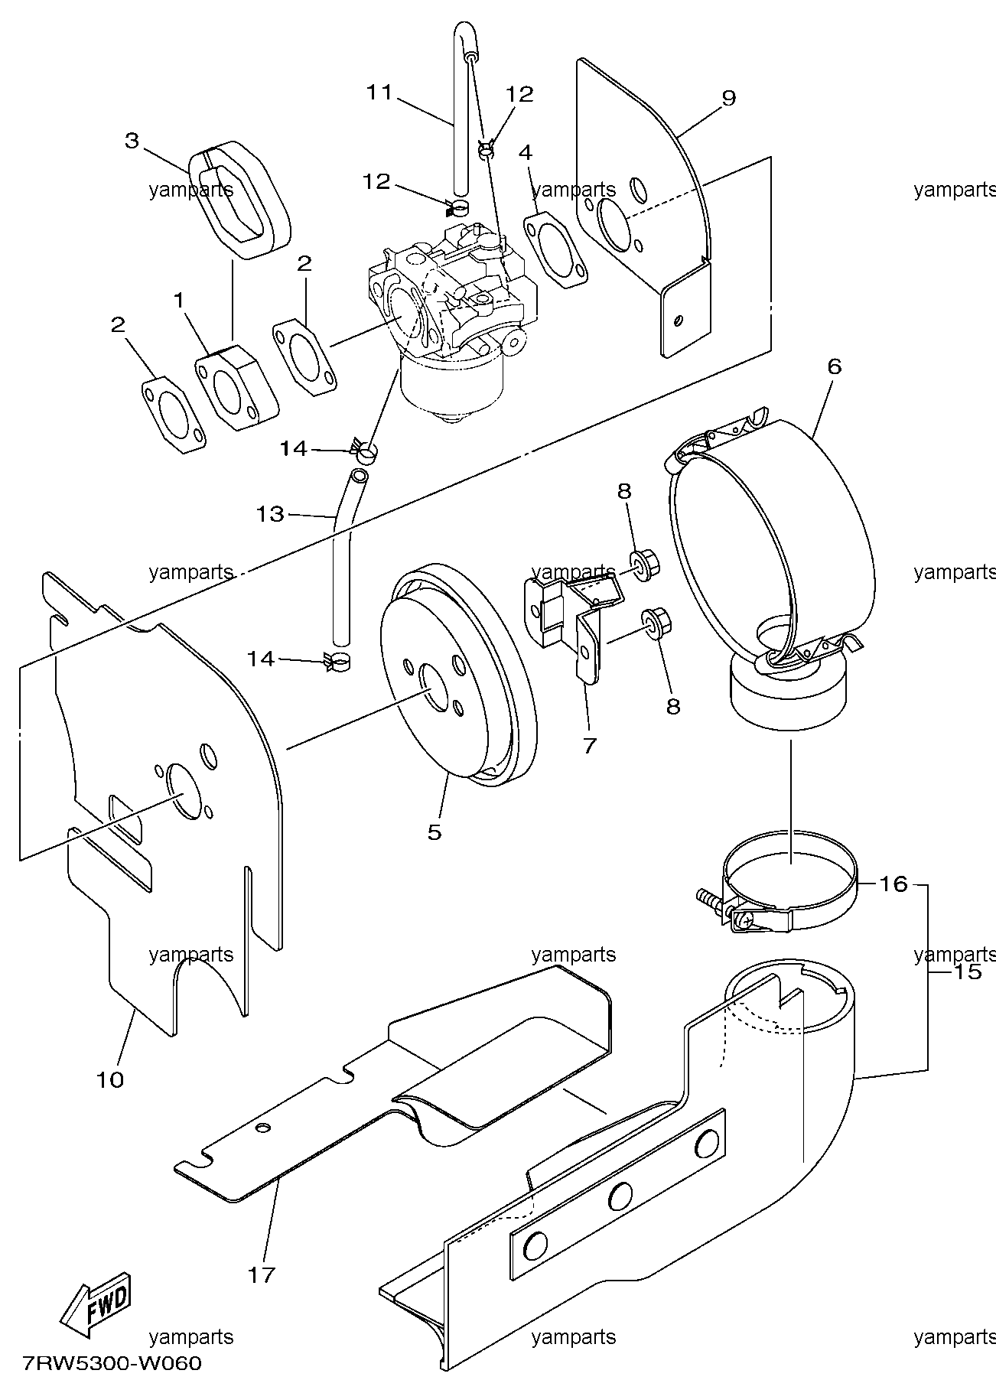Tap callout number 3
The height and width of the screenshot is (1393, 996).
pos(132,142)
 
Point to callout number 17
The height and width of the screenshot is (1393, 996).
pos(261,1275)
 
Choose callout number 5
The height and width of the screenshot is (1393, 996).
pos(435,832)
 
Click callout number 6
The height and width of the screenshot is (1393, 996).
pos(833,366)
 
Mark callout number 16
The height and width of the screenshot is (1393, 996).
pos(893,884)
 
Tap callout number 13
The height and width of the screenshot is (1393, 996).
pos(270,514)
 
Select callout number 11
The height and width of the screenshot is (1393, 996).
pos(379,93)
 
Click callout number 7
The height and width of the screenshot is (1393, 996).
pos(589,744)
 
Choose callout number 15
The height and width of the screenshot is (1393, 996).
pos(968,972)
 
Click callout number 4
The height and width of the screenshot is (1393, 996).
pos(526,153)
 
